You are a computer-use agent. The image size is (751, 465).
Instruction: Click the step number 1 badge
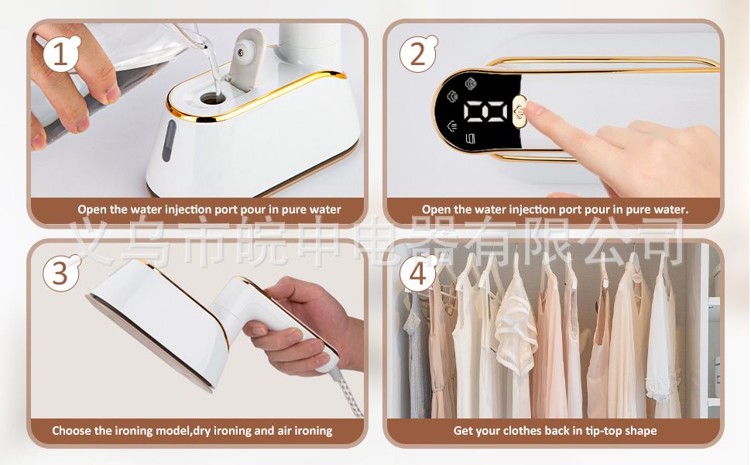pos(61,54)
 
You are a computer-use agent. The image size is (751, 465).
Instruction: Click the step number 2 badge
pos(417,54)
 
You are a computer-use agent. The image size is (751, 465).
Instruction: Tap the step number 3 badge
pos(61,273)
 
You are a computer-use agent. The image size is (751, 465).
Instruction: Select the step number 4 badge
pos(417,274)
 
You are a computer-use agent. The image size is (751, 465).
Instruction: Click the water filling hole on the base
pos(213,98)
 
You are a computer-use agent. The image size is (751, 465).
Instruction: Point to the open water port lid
pos(245,59)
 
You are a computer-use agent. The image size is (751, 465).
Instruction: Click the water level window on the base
pos(169,140)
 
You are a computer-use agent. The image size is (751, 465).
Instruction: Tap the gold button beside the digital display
pos(520,112)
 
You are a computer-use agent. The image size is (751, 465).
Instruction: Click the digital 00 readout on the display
pos(485,111)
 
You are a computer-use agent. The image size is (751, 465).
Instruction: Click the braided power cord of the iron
pos(350,392)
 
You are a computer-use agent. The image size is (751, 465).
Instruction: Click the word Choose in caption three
pos(71,430)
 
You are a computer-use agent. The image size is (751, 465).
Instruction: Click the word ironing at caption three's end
pos(314,431)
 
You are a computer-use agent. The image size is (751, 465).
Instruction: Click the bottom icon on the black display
pos(470,139)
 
